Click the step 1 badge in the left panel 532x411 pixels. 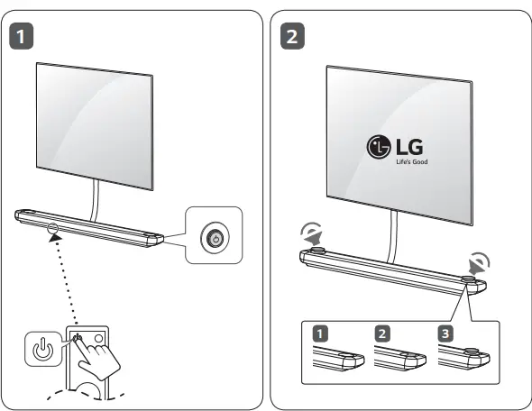pyautogui.click(x=21, y=36)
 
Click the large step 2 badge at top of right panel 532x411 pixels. pyautogui.click(x=292, y=36)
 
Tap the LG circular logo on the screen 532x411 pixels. pyautogui.click(x=379, y=147)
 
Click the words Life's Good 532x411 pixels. pyautogui.click(x=411, y=161)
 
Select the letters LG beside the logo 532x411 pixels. pyautogui.click(x=409, y=147)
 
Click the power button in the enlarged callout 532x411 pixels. pyautogui.click(x=216, y=238)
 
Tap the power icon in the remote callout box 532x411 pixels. pyautogui.click(x=42, y=349)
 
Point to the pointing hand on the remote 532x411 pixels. pyautogui.click(x=96, y=358)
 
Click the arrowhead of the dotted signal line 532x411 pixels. pyautogui.click(x=55, y=237)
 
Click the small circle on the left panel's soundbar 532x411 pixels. pyautogui.click(x=53, y=227)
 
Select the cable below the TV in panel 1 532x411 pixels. pyautogui.click(x=95, y=200)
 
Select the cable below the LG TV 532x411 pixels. pyautogui.click(x=393, y=237)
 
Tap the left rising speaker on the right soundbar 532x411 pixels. pyautogui.click(x=318, y=251)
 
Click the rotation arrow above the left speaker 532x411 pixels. pyautogui.click(x=312, y=234)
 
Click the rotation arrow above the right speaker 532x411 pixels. pyautogui.click(x=479, y=263)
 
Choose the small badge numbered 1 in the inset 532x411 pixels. pyautogui.click(x=320, y=333)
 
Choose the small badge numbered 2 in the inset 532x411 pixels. pyautogui.click(x=382, y=333)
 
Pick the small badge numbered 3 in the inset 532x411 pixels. pyautogui.click(x=445, y=333)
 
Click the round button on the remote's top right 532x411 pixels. pyautogui.click(x=98, y=338)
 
